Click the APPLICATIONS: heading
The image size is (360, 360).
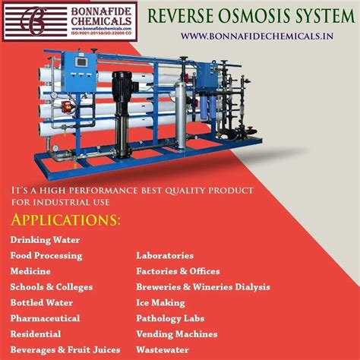coord(65,220)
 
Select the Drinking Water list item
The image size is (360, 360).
coord(45,240)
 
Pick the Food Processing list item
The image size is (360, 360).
coord(46,256)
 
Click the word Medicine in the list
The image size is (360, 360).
coord(30,271)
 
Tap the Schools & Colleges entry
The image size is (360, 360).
coord(51,287)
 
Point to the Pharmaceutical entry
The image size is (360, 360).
coord(45,318)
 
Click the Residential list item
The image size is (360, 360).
coord(35,333)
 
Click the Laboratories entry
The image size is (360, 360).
coord(165,256)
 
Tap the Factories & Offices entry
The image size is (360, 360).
coord(178,271)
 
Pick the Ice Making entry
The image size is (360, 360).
coord(160,302)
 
